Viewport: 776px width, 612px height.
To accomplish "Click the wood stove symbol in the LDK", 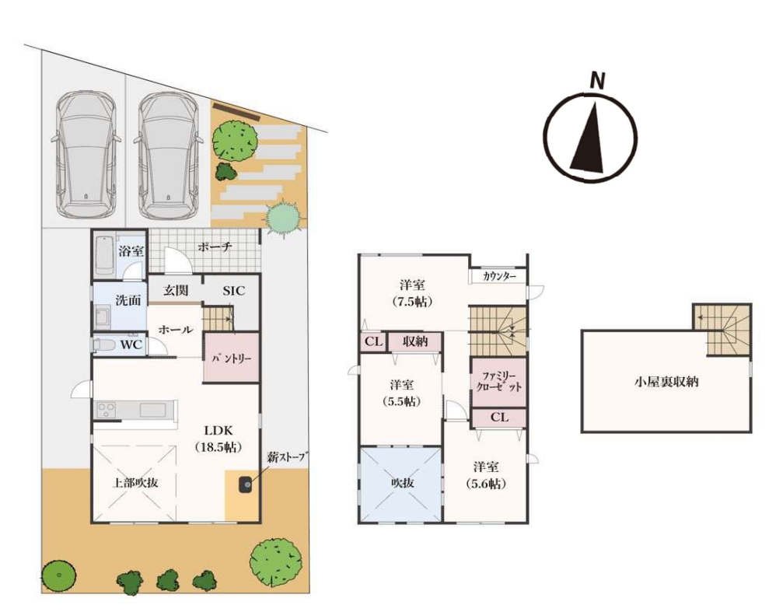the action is pyautogui.click(x=246, y=484).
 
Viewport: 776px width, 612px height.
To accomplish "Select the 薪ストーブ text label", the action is pyautogui.click(x=287, y=456).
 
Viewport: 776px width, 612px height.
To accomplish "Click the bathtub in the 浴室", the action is pyautogui.click(x=104, y=255).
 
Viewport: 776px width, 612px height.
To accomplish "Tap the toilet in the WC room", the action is pyautogui.click(x=104, y=344).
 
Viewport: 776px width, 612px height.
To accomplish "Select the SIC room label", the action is pyautogui.click(x=233, y=291).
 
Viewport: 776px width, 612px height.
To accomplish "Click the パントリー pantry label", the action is pyautogui.click(x=232, y=358).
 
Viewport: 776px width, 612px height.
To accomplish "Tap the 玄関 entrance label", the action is pyautogui.click(x=176, y=291).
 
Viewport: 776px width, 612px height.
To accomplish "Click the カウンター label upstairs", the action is pyautogui.click(x=499, y=276).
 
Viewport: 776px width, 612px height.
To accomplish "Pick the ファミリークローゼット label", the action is pyautogui.click(x=499, y=382).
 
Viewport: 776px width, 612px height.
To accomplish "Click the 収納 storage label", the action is pyautogui.click(x=414, y=341).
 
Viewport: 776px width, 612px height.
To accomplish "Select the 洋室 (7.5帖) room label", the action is pyautogui.click(x=412, y=293).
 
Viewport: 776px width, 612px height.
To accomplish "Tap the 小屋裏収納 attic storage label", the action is pyautogui.click(x=666, y=382).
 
